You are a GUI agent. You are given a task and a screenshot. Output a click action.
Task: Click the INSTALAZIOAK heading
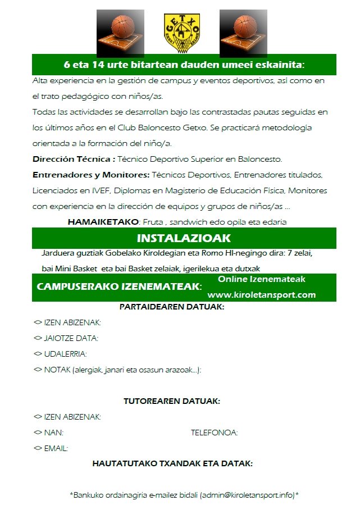(183, 238)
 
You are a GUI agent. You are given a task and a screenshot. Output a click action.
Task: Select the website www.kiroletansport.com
(262, 295)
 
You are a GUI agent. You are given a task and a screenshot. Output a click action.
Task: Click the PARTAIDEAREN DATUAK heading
(172, 307)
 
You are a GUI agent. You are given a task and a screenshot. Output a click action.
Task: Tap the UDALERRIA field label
(65, 354)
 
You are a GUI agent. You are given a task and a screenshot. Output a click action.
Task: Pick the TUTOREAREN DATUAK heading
(172, 401)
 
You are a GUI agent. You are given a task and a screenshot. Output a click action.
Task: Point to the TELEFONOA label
(214, 433)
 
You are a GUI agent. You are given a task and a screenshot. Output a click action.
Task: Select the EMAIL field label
(56, 448)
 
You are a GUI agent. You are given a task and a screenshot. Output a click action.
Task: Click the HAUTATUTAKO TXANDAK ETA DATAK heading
(172, 464)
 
